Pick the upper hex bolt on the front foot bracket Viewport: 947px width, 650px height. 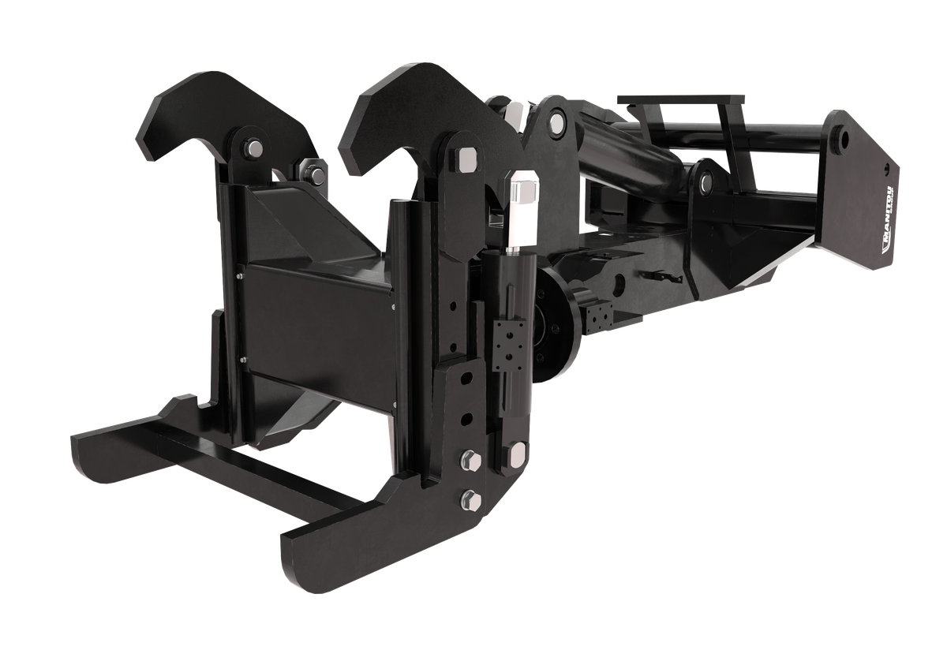[471, 461]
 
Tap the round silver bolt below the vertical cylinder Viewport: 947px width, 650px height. [518, 454]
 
